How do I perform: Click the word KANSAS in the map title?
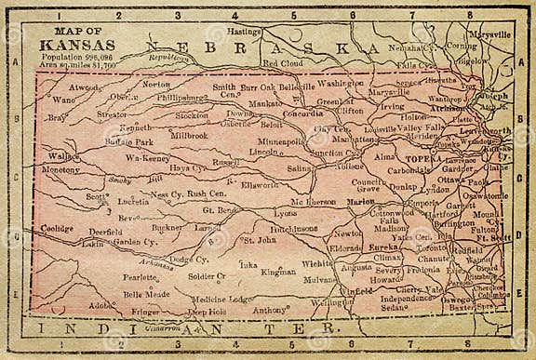78,45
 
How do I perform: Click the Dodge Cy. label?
189,260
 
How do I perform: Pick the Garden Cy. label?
136,242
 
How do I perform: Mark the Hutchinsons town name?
295,228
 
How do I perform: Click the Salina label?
299,169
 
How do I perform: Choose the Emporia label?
422,201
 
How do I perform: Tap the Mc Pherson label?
312,202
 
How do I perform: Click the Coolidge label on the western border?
57,228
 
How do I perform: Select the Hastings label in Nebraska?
245,32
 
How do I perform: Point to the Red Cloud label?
283,63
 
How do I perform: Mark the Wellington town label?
331,302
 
